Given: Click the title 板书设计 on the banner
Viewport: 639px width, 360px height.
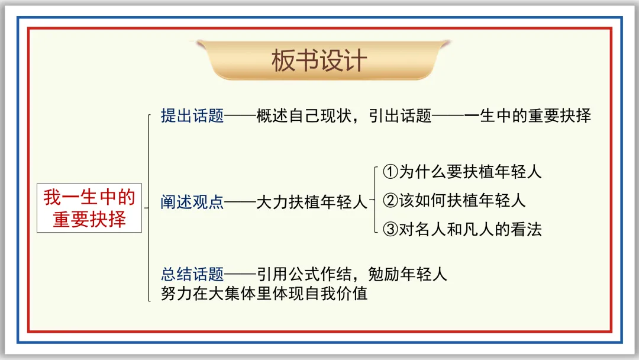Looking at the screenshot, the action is click(x=319, y=61).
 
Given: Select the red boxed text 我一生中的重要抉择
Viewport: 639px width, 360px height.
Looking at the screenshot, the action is click(x=89, y=208).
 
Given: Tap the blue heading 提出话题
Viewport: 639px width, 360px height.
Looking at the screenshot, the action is click(x=192, y=116).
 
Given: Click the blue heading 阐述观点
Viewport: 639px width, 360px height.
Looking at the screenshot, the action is click(x=192, y=202).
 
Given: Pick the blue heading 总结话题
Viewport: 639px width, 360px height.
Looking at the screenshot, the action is click(x=192, y=274).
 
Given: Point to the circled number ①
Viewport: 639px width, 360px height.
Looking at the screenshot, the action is click(x=390, y=172).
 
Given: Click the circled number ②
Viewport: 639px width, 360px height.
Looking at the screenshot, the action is click(x=390, y=201).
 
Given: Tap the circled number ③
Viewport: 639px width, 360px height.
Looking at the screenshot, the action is click(x=390, y=229).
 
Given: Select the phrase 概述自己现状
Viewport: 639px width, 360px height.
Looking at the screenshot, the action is click(x=304, y=116).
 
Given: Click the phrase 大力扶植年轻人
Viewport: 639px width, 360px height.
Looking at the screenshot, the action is click(x=312, y=202).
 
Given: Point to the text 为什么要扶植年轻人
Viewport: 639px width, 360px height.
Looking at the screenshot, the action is click(x=470, y=172).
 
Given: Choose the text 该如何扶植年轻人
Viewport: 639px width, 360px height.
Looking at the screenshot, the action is click(x=463, y=201).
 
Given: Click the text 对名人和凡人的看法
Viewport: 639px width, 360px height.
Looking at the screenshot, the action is click(x=470, y=229).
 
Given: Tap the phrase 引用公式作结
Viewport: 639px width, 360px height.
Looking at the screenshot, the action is click(x=304, y=274).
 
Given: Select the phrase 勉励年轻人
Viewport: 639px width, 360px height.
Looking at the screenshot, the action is click(x=408, y=274).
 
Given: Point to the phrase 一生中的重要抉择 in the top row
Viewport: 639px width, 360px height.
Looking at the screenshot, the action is click(x=527, y=116).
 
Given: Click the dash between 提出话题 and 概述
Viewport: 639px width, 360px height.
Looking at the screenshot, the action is click(x=240, y=116).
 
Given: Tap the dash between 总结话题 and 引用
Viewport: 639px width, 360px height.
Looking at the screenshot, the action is click(x=240, y=274).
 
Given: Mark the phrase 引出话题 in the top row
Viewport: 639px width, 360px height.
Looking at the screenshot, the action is click(x=400, y=116).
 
